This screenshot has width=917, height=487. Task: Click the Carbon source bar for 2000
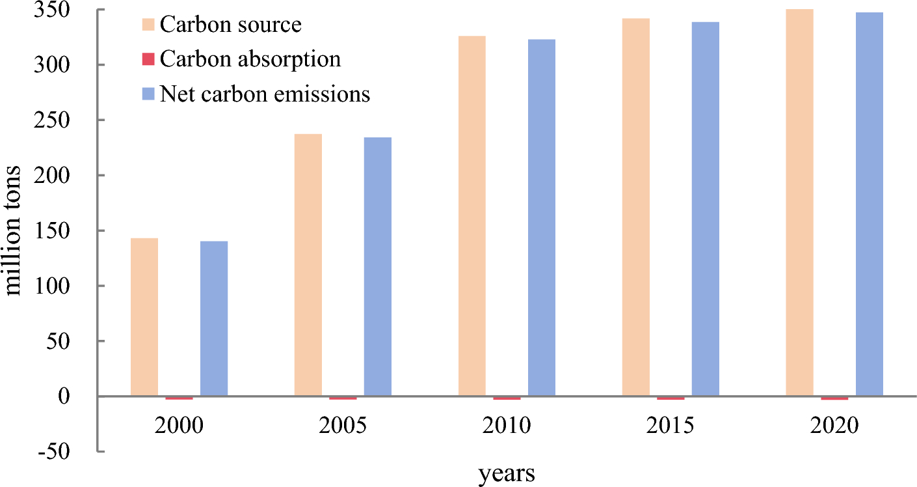[x=144, y=317]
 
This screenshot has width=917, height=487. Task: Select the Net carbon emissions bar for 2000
[x=214, y=318]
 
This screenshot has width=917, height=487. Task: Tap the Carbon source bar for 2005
[x=308, y=265]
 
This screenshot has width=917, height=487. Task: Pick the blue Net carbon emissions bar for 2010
[x=542, y=217]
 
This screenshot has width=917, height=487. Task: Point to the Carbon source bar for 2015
[x=636, y=207]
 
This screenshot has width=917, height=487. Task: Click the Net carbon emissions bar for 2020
[x=870, y=204]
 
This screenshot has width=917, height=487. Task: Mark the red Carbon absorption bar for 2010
[x=507, y=398]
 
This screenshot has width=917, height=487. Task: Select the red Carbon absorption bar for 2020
[x=834, y=398]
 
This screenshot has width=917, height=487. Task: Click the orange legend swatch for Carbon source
[x=148, y=25]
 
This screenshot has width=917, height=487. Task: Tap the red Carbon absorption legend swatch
[x=148, y=59]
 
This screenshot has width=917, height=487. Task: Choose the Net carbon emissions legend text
[x=265, y=94]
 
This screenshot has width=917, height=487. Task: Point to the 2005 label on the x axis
[x=343, y=427]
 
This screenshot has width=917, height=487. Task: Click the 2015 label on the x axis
[x=671, y=427]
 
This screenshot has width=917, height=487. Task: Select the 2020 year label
[x=834, y=427]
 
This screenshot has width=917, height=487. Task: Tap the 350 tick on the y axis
[x=70, y=10]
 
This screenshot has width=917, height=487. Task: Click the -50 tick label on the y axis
[x=70, y=451]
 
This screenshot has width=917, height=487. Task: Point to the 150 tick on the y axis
[x=70, y=230]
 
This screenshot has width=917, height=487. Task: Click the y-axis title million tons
[x=14, y=230]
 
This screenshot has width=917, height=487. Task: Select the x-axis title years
[x=507, y=473]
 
